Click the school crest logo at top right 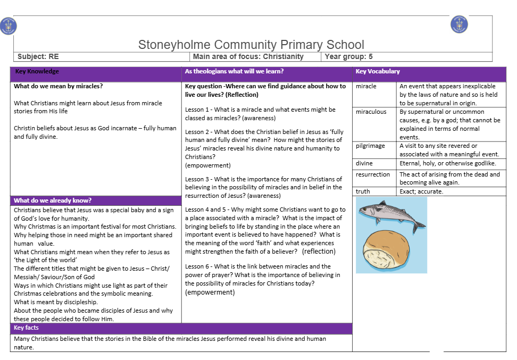click(459, 24)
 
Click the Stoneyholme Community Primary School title click(251, 45)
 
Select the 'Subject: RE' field click(38, 56)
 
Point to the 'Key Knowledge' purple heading click(37, 71)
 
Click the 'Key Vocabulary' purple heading click(378, 71)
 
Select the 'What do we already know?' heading click(53, 200)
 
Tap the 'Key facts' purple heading click(26, 328)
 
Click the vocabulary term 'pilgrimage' click(370, 146)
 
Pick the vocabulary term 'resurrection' click(373, 174)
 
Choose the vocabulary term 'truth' click(363, 191)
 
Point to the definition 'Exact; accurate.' click(421, 191)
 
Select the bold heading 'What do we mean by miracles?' click(58, 86)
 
